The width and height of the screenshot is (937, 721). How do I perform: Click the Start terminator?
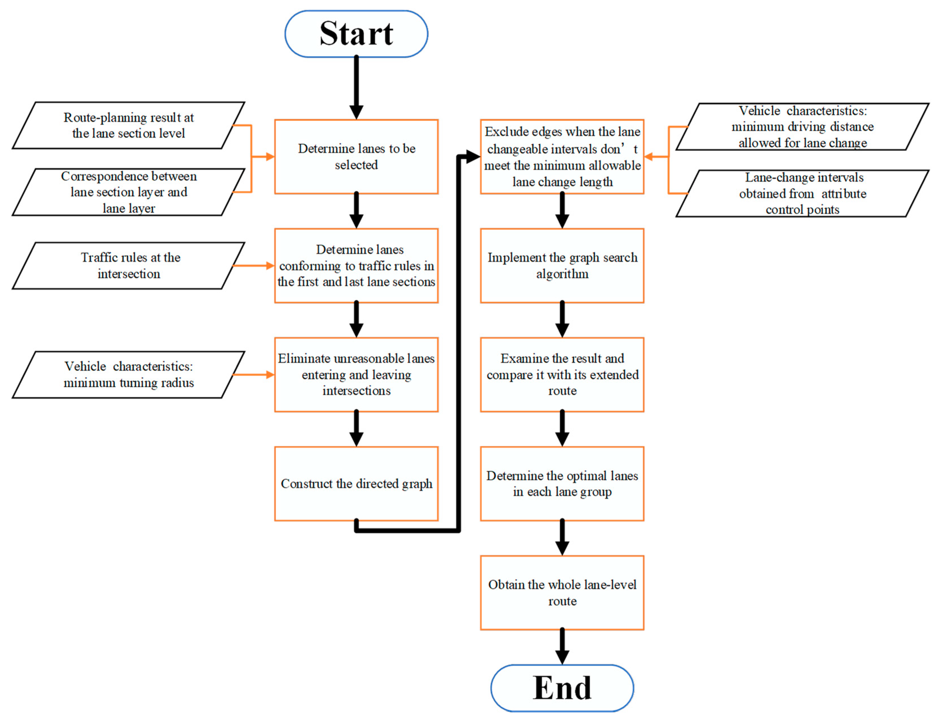click(x=356, y=34)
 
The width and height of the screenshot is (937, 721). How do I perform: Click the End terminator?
click(x=562, y=688)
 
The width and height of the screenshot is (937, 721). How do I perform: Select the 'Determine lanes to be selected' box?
click(x=356, y=157)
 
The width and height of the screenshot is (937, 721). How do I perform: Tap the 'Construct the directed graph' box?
click(x=356, y=484)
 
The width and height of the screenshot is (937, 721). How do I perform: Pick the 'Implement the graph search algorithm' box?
click(x=562, y=266)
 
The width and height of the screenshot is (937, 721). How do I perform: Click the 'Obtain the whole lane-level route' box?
click(x=562, y=593)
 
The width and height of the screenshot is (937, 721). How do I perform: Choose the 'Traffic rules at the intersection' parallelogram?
click(x=129, y=266)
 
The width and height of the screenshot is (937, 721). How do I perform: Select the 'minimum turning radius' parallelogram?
click(x=129, y=375)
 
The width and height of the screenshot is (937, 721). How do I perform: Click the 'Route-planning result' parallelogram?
click(x=129, y=125)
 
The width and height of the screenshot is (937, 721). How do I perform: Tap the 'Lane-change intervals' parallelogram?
click(x=802, y=194)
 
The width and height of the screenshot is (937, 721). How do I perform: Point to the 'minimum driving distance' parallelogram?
click(x=802, y=127)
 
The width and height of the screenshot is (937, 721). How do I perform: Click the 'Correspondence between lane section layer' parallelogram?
click(x=129, y=192)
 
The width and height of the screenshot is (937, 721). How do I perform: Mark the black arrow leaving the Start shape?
click(x=356, y=86)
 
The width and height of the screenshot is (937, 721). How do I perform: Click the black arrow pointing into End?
click(x=562, y=646)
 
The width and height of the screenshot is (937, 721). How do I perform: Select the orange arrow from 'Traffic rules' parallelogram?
click(x=253, y=266)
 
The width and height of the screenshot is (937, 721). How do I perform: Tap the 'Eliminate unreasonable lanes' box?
click(x=356, y=375)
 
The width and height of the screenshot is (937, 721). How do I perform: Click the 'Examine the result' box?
click(x=562, y=375)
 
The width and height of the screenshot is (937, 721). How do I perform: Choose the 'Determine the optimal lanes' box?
click(x=562, y=484)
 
